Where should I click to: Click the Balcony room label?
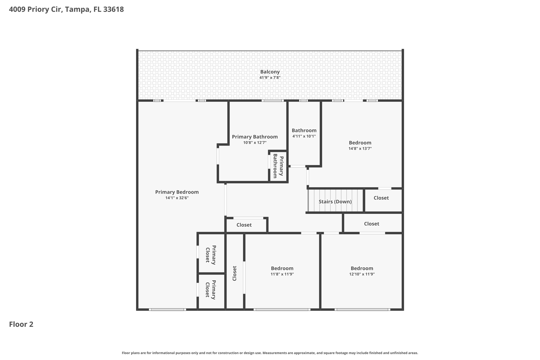[x=270, y=72]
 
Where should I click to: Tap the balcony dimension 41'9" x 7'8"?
[x=270, y=78]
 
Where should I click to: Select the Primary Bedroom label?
[x=177, y=192]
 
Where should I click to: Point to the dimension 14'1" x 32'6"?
[x=177, y=198]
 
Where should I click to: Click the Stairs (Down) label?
[x=335, y=202]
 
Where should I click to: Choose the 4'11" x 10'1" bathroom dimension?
[x=304, y=136]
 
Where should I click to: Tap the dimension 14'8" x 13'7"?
[x=360, y=148]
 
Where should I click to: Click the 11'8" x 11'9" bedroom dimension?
[x=282, y=274]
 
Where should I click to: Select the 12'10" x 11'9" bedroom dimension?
[x=362, y=274]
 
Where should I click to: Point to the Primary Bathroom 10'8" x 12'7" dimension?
[x=255, y=143]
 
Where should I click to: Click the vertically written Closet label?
[x=234, y=273]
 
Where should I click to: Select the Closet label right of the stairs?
[x=381, y=198]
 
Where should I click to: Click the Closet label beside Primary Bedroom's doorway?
[x=244, y=225]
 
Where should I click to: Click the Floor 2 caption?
[x=21, y=324]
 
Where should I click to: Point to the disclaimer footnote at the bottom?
[x=270, y=353]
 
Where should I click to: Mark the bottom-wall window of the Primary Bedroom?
[x=167, y=309]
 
